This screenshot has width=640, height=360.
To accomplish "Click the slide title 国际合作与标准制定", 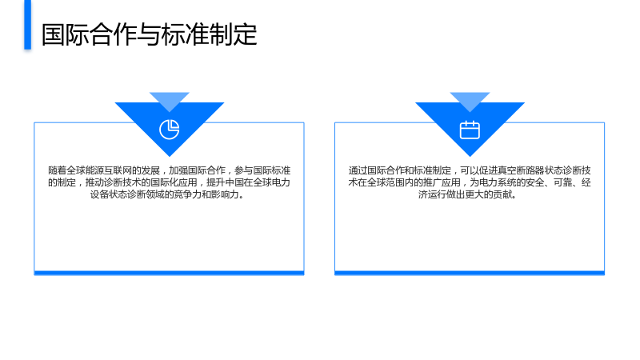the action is [x=150, y=34].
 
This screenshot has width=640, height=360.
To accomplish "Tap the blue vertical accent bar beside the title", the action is [x=27, y=25].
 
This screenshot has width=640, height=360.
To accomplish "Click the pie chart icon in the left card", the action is [x=170, y=130].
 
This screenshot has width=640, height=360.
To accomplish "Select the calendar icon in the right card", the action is [x=470, y=130].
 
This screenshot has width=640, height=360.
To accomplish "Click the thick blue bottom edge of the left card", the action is [x=169, y=273].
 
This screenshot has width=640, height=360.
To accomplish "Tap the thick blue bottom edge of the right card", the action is [x=470, y=273].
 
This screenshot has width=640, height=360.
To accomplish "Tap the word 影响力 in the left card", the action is [x=225, y=194].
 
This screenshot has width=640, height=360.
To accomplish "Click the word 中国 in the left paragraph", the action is [x=234, y=182].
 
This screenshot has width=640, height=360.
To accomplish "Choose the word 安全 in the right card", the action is [x=535, y=182].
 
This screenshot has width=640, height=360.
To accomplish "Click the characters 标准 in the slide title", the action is [x=185, y=34].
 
